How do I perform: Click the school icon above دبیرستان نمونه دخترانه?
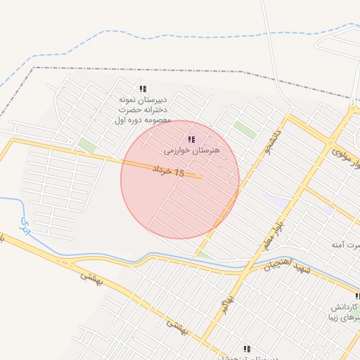[143, 89]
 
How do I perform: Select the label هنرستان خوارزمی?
[192, 150]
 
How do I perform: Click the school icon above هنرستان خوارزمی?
[191, 139]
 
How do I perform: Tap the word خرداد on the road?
[160, 169]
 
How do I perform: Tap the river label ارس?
[26, 226]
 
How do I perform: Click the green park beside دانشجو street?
[245, 129]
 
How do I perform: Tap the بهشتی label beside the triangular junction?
[90, 281]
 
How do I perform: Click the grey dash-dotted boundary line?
[141, 70]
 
